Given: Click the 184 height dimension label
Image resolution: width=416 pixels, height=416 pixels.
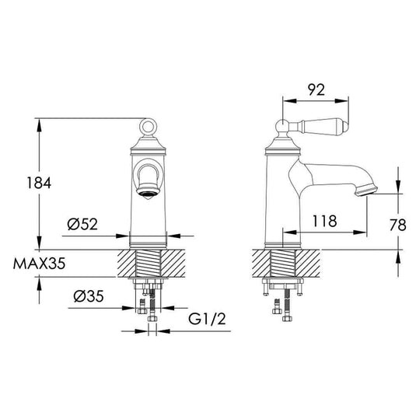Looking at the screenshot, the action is [x=39, y=183].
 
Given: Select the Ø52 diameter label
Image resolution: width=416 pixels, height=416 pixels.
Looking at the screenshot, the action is [x=82, y=224].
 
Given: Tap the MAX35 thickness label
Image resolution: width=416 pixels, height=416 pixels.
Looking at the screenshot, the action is [x=39, y=264].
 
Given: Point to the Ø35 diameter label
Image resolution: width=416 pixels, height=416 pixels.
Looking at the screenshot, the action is [x=89, y=296].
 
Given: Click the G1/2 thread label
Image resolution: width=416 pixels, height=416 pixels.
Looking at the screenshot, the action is [x=207, y=319].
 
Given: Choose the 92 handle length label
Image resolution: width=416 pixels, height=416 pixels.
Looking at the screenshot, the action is [x=316, y=90].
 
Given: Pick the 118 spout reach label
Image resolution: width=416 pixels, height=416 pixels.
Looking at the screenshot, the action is [x=325, y=221].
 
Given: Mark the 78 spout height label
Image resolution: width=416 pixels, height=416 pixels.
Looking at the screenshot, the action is [x=397, y=225].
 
